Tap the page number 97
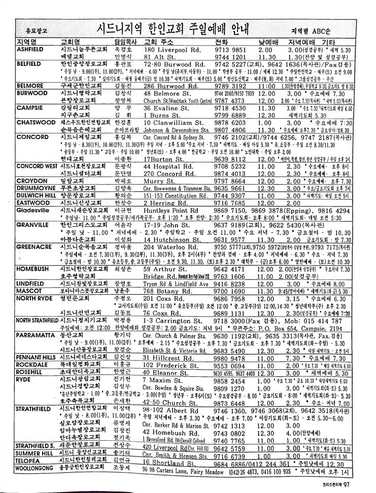click(347, 484)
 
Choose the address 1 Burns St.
click(163, 116)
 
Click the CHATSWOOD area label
click(35, 123)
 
